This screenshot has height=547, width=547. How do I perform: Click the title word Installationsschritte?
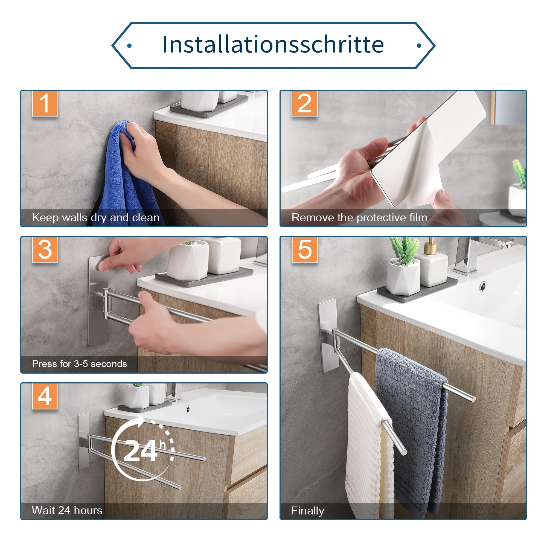click(x=273, y=45)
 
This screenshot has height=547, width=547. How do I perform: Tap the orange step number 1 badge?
click(x=45, y=103)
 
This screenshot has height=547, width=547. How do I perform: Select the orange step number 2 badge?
click(x=305, y=103)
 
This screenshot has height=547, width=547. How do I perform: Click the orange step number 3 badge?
click(x=45, y=249)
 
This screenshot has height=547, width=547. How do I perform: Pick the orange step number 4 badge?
click(x=45, y=396)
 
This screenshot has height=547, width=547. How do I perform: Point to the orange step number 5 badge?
click(x=305, y=249)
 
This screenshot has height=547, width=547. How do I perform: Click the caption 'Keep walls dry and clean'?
click(x=96, y=218)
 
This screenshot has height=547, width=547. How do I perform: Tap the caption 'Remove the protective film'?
click(x=359, y=217)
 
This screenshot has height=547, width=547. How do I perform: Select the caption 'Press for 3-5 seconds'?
click(x=80, y=364)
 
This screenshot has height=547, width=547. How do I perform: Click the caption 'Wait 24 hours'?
click(x=67, y=510)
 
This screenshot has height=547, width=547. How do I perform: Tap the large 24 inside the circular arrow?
click(x=141, y=451)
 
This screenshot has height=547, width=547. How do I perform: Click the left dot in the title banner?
click(x=129, y=46)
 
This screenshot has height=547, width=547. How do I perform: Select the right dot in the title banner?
click(x=419, y=46)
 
